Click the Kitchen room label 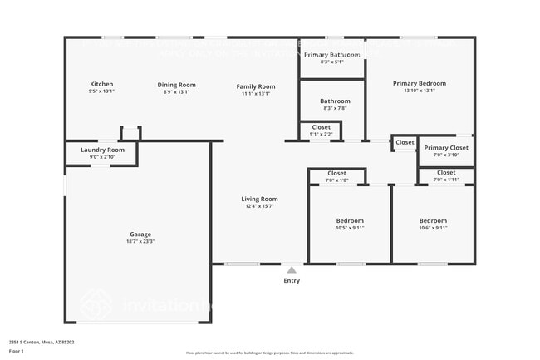[101, 84]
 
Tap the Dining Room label [176, 84]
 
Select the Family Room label [255, 86]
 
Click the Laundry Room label [102, 150]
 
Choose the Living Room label [259, 199]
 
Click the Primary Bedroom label [419, 83]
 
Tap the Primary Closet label [446, 148]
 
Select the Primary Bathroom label [331, 55]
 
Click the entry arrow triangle [291, 269]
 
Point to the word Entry [292, 280]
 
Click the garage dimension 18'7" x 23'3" [140, 241]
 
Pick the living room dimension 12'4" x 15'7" [259, 206]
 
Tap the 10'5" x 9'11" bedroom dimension [350, 228]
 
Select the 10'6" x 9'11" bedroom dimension [433, 228]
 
